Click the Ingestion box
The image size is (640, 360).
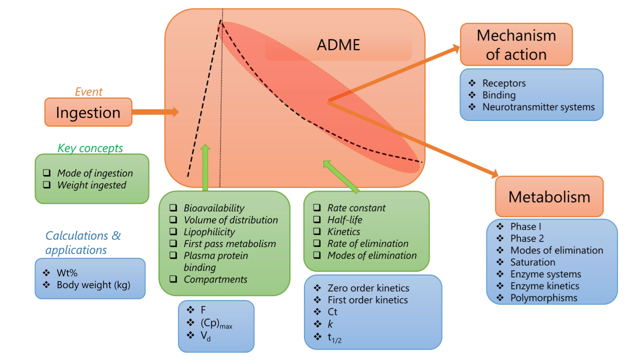[x=88, y=112]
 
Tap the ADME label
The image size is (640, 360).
[x=338, y=45]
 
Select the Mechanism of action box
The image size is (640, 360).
[x=516, y=44]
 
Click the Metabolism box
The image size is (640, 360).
[x=549, y=196]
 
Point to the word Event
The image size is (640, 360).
[x=88, y=92]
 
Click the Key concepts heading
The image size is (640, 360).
[x=90, y=148]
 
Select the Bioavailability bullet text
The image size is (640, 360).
[x=213, y=208]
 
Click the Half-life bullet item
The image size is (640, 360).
[x=344, y=220]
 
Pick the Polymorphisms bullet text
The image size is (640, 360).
[x=543, y=298]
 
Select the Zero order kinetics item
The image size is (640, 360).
[x=368, y=288]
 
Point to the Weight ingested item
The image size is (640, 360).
[x=91, y=185]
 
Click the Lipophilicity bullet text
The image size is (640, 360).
[x=209, y=232]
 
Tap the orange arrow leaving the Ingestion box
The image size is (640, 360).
[x=155, y=112]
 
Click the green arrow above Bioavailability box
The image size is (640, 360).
[x=205, y=167]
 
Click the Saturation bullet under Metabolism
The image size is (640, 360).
[x=532, y=262]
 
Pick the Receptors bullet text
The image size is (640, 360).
[x=504, y=83]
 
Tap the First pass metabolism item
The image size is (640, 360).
[x=229, y=244]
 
